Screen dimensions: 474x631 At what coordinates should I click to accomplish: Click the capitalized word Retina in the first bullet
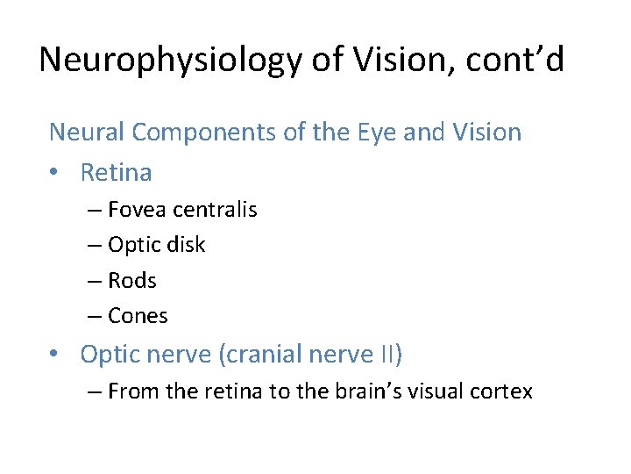[x=116, y=173]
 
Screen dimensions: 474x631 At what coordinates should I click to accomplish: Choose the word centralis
[x=215, y=210]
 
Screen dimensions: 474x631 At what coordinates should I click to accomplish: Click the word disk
[x=184, y=245]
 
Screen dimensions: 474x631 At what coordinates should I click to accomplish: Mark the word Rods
[x=132, y=281]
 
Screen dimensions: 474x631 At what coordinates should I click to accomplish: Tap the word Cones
[x=138, y=316]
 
